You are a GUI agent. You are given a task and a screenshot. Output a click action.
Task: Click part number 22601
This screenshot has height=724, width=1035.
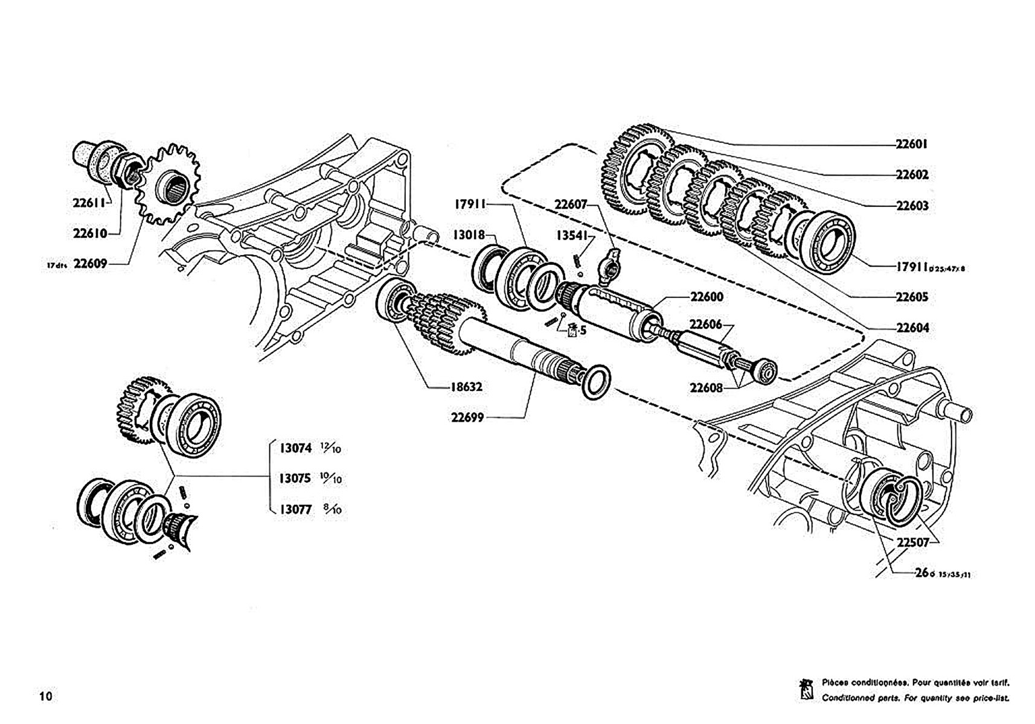click(x=911, y=144)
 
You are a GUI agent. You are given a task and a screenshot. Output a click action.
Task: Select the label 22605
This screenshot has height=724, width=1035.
click(x=911, y=297)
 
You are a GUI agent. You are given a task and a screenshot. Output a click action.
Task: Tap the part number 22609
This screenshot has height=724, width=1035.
click(x=90, y=264)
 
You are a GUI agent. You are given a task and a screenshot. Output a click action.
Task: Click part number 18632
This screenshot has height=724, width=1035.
click(x=466, y=387)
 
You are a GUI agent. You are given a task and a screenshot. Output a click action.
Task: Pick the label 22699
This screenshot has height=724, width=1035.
click(x=467, y=418)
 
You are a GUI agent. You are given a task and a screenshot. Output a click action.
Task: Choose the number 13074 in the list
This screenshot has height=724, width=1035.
click(x=295, y=448)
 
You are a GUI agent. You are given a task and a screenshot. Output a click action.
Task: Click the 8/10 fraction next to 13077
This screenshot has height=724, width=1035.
click(x=332, y=510)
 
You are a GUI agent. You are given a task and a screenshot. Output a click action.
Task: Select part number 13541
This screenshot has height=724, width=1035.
click(x=571, y=235)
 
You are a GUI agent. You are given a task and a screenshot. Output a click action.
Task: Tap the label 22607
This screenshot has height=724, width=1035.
click(x=571, y=205)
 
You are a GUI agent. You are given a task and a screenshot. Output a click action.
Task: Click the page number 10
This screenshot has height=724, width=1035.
click(x=46, y=696)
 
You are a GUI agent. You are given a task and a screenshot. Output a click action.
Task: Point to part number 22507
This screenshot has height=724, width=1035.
click(x=912, y=542)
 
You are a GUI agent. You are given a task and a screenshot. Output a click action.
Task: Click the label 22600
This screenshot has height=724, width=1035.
click(x=707, y=297)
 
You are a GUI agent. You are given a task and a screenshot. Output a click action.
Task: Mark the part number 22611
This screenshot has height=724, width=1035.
click(x=89, y=203)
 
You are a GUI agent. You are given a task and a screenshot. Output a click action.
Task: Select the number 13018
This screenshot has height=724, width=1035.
click(x=469, y=235)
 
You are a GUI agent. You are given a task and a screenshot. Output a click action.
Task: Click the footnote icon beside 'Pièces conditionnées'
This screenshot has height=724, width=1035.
click(x=807, y=689)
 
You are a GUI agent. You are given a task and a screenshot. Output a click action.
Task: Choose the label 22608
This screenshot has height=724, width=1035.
click(x=706, y=387)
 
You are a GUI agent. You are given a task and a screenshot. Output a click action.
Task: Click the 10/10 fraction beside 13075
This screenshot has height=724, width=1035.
click(x=331, y=479)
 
